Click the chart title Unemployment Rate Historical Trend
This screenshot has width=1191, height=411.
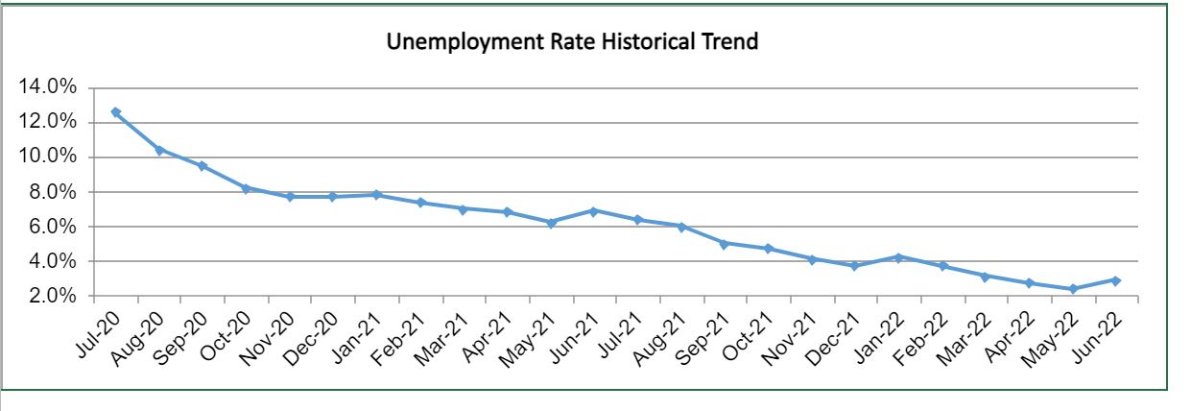tap(572, 42)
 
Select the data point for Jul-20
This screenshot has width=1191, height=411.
tap(116, 112)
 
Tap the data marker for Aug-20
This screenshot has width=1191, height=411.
tap(159, 150)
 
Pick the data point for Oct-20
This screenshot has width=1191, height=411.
tap(247, 188)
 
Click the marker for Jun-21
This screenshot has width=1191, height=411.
tap(594, 210)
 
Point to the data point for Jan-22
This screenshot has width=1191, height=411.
tap(898, 257)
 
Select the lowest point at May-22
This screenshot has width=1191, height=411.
tap(1072, 288)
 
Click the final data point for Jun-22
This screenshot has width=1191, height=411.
tap(1116, 280)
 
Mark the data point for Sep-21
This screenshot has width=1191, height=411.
tap(725, 243)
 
